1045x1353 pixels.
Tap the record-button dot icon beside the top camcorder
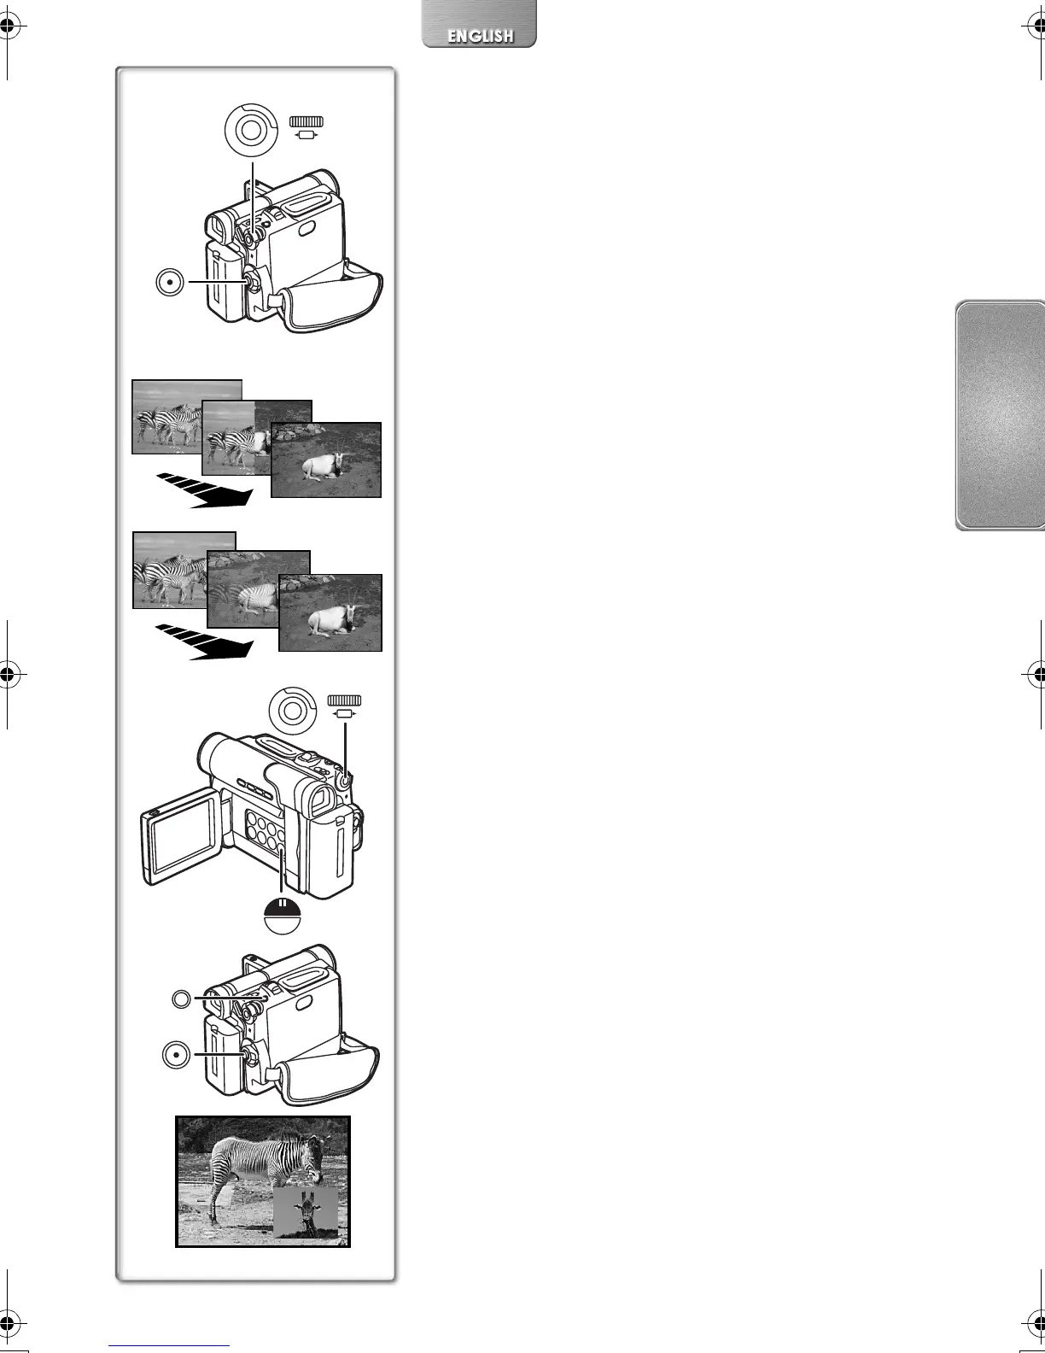click(171, 281)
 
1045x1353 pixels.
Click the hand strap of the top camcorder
click(333, 299)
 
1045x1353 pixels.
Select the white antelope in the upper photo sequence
click(322, 466)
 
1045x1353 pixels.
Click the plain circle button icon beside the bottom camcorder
click(181, 998)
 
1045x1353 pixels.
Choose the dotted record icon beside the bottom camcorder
click(175, 1056)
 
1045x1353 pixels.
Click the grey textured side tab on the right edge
click(999, 415)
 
